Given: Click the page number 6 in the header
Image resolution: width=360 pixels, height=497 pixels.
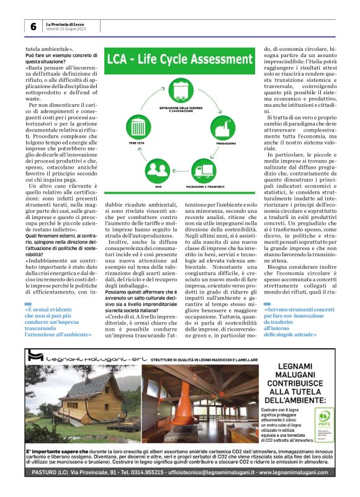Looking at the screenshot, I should (32, 26).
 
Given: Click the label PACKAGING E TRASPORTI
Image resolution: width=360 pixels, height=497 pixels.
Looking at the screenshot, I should (205, 186).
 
